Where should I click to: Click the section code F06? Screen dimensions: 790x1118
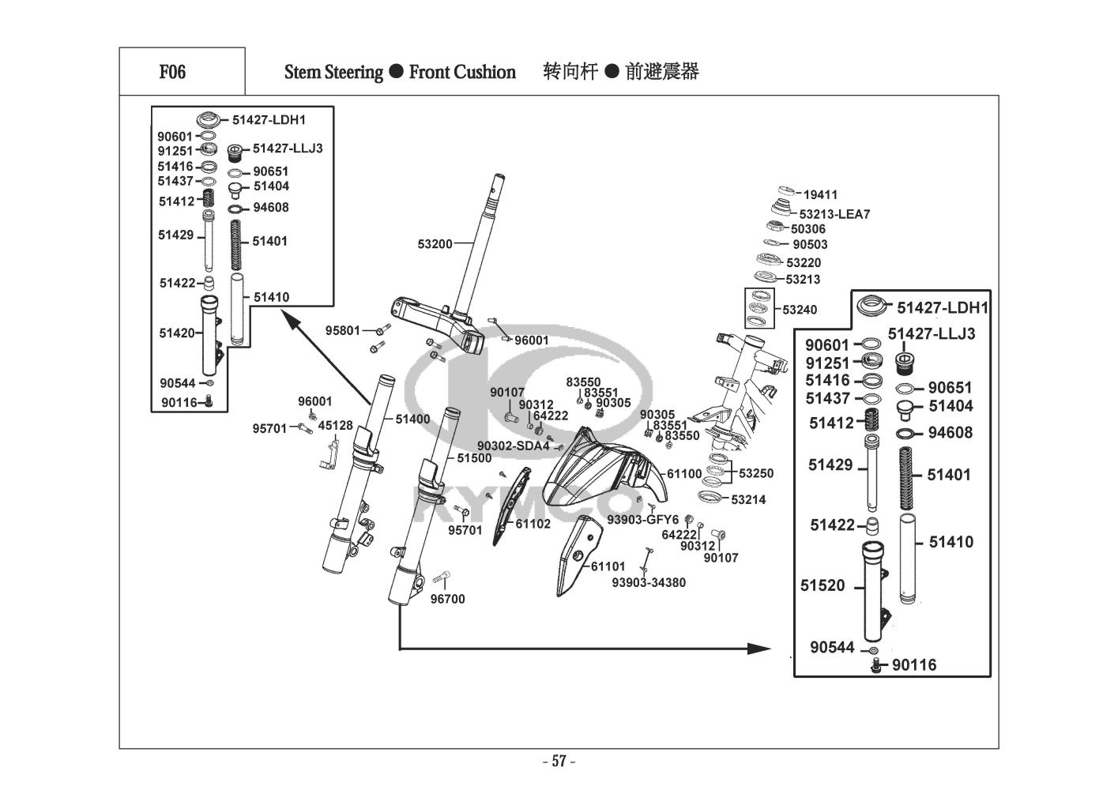click(x=172, y=72)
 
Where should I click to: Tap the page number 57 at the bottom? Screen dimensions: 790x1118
click(x=559, y=762)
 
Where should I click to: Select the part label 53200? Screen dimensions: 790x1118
click(x=435, y=244)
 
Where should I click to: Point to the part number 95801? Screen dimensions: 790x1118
click(x=342, y=330)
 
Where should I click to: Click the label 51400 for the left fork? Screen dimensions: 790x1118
click(x=412, y=419)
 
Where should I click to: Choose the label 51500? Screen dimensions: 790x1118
click(x=474, y=458)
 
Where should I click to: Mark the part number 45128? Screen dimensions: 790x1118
click(x=335, y=426)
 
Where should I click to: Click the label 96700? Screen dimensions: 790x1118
click(x=447, y=599)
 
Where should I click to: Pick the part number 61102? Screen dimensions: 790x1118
click(x=533, y=523)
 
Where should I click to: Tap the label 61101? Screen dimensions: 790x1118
click(x=608, y=566)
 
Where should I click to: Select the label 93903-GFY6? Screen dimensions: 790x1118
click(x=642, y=519)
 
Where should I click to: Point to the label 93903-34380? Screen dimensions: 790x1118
click(x=649, y=582)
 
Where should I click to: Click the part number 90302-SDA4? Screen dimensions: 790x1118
click(x=513, y=446)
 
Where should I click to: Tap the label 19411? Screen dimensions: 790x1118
click(x=821, y=194)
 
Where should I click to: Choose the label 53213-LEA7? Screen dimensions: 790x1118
click(x=834, y=214)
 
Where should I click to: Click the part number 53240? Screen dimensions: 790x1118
click(x=800, y=310)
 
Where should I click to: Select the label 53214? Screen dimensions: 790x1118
click(x=748, y=499)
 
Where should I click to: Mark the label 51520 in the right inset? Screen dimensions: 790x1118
click(x=823, y=585)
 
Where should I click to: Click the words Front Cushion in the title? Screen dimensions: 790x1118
click(x=462, y=72)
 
